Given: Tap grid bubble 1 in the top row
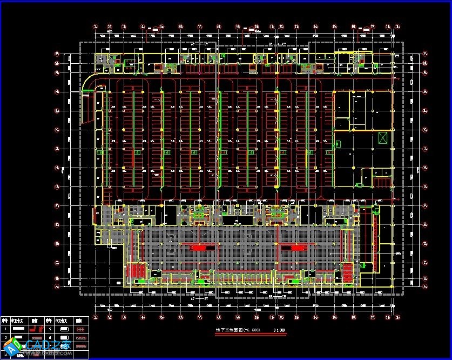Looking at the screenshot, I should (x=96, y=25).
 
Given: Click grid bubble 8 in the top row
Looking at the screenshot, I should (x=219, y=25).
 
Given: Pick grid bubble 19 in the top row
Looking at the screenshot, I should (x=398, y=25).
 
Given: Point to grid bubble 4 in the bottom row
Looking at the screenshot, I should (x=143, y=317).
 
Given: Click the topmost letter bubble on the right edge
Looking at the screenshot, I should (x=425, y=54).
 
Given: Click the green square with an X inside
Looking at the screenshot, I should (x=383, y=137).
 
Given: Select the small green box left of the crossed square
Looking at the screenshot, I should (x=338, y=144).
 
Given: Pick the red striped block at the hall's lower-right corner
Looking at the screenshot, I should (x=347, y=269).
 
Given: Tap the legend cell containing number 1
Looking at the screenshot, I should (x=6, y=329).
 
